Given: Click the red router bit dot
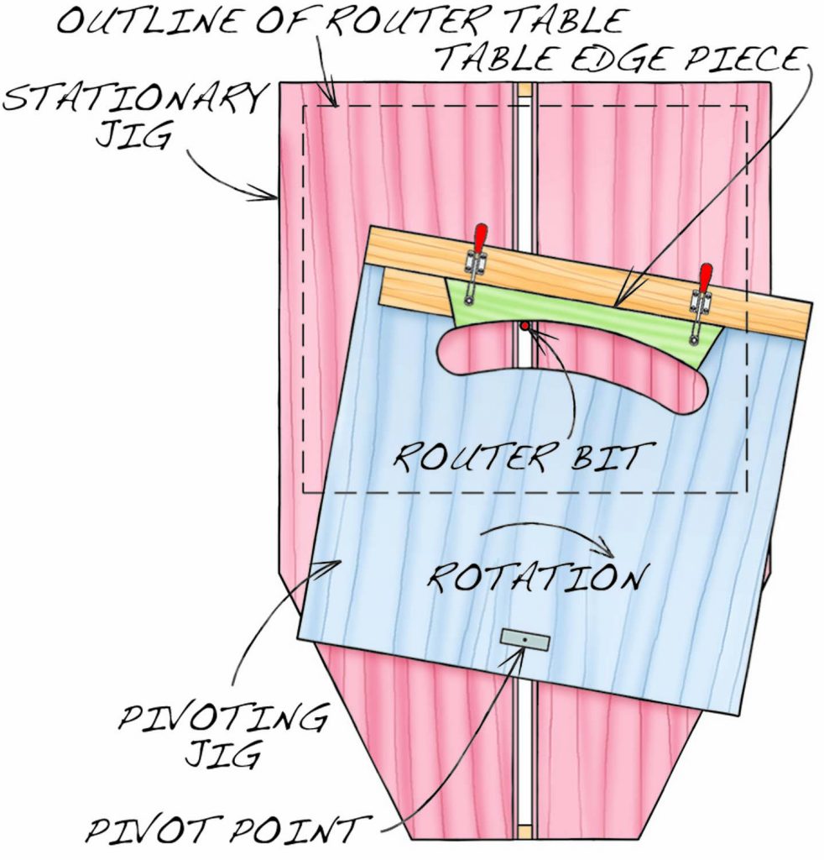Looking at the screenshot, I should [524, 325].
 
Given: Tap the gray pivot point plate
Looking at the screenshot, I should [524, 641].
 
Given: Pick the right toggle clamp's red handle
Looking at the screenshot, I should [705, 277].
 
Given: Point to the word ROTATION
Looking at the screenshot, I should [537, 577].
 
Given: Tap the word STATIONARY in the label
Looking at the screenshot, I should [134, 101].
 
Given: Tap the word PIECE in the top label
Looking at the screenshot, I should [747, 59].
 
